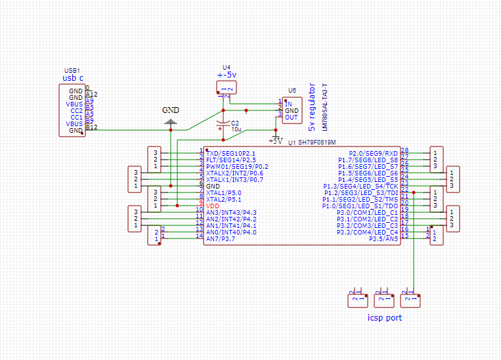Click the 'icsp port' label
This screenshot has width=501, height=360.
point(384,318)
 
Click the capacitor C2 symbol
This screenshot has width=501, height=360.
point(223,123)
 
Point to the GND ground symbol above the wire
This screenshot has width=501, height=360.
point(171,122)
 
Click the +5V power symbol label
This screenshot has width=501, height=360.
point(275,141)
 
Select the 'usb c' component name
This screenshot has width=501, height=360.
point(72,78)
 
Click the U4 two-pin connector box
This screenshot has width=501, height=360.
point(226,87)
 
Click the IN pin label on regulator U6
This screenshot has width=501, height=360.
point(288,104)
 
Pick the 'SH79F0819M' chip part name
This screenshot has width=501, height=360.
point(316,142)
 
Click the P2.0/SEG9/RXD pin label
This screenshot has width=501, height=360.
point(373,152)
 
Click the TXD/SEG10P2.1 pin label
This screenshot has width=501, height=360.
point(230,152)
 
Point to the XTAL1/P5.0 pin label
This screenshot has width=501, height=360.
point(223,192)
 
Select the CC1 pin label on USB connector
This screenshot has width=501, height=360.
point(76,117)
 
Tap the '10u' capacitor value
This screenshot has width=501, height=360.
point(236,130)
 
